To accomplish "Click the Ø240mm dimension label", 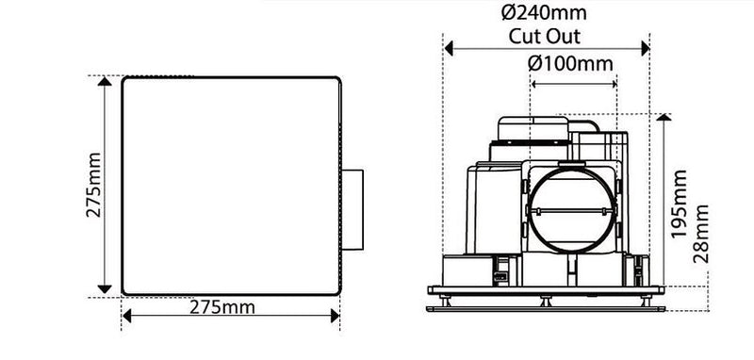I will click(x=546, y=14).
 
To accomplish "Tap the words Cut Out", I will click(x=545, y=38).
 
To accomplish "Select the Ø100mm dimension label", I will click(x=570, y=63).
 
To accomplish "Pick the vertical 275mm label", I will click(x=92, y=186).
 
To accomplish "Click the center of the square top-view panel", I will click(x=229, y=186).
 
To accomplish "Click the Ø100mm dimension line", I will click(x=571, y=83).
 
